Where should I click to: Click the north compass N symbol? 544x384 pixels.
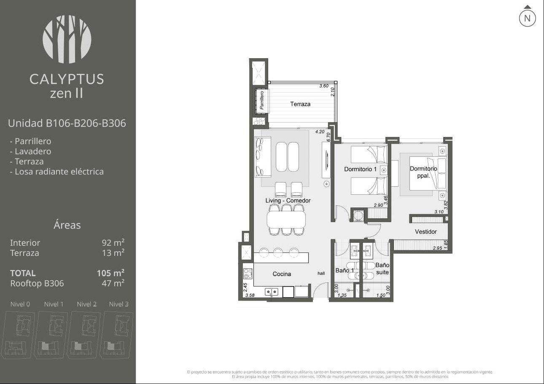coord(527,18)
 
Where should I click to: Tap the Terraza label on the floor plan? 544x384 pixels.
coord(300,104)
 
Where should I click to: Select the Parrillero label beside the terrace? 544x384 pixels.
coord(262,100)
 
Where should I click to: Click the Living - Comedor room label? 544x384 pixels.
coord(288,201)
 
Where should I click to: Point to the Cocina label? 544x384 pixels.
coord(282,274)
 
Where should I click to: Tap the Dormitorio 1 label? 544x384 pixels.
coord(360,169)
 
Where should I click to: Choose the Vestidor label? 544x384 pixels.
coord(426,231)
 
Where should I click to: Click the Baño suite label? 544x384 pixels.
coord(382,269)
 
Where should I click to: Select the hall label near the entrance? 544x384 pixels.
coord(321,273)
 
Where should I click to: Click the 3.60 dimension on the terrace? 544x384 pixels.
coord(324,86)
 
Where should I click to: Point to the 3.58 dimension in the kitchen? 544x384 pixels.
coord(250,295)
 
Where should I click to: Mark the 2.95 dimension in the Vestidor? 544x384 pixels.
coord(437,248)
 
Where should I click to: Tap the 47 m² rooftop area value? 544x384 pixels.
coord(113,283)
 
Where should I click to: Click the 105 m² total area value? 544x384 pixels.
coord(111,273)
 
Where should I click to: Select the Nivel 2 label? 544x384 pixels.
coord(87,304)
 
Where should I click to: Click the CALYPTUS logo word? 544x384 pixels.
coord(67,79)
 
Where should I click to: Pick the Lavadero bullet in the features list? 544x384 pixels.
coord(31,151)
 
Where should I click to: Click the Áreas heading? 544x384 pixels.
coord(67,225)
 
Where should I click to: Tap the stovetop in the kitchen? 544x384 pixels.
coord(248,274)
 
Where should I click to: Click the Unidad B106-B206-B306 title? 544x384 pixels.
coord(67,123)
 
